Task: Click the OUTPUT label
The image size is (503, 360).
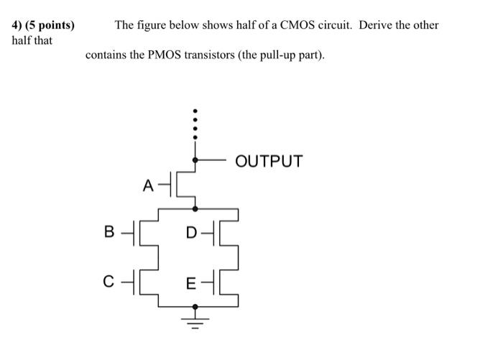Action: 269,161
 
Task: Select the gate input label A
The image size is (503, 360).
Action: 147,186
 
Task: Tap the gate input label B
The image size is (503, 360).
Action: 109,232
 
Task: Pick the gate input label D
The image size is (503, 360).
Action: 190,232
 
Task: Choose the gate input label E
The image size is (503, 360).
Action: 190,283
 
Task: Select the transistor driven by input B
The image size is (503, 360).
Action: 144,232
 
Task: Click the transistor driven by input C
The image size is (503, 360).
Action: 144,282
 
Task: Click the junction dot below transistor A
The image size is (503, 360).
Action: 195,208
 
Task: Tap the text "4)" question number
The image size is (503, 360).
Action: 19,25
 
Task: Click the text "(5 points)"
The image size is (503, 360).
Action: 50,25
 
